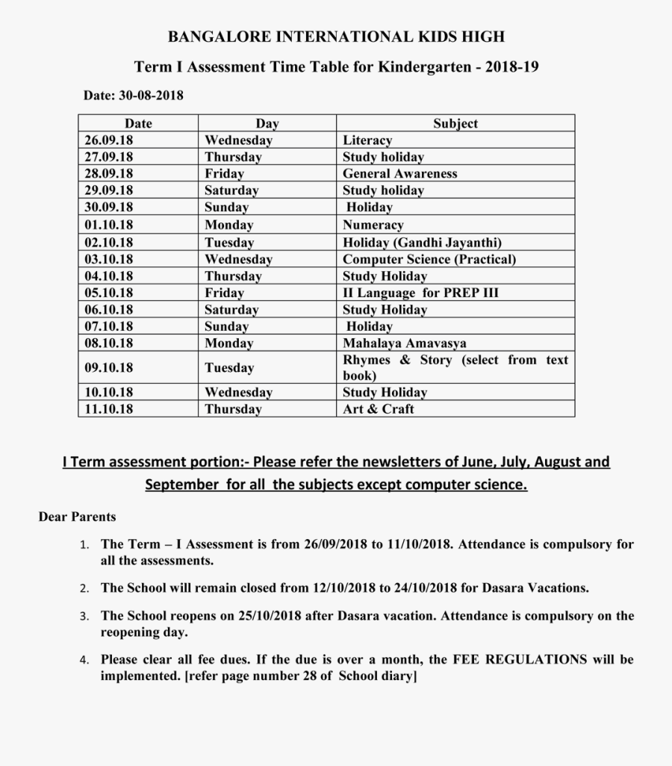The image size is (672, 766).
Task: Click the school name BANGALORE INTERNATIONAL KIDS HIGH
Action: (336, 37)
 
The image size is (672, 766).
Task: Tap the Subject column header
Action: (455, 123)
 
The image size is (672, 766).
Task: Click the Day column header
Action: (267, 123)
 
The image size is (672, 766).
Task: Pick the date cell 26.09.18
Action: (108, 140)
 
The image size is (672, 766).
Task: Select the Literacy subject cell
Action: (367, 140)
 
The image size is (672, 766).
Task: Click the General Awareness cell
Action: (399, 173)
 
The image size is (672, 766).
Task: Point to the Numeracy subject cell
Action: (373, 225)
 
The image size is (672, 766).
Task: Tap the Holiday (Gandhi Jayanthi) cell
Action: (422, 243)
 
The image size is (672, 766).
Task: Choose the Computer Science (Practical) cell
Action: (429, 259)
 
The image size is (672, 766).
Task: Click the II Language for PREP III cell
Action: (420, 293)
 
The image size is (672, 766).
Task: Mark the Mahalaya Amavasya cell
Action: (404, 343)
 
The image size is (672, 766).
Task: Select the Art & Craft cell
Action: (378, 409)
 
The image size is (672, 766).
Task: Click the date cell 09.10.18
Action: (108, 367)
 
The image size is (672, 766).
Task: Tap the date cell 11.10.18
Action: (108, 409)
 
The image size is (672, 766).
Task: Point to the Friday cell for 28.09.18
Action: (224, 173)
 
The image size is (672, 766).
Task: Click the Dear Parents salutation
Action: (78, 517)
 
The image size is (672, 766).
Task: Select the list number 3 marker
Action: (85, 617)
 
